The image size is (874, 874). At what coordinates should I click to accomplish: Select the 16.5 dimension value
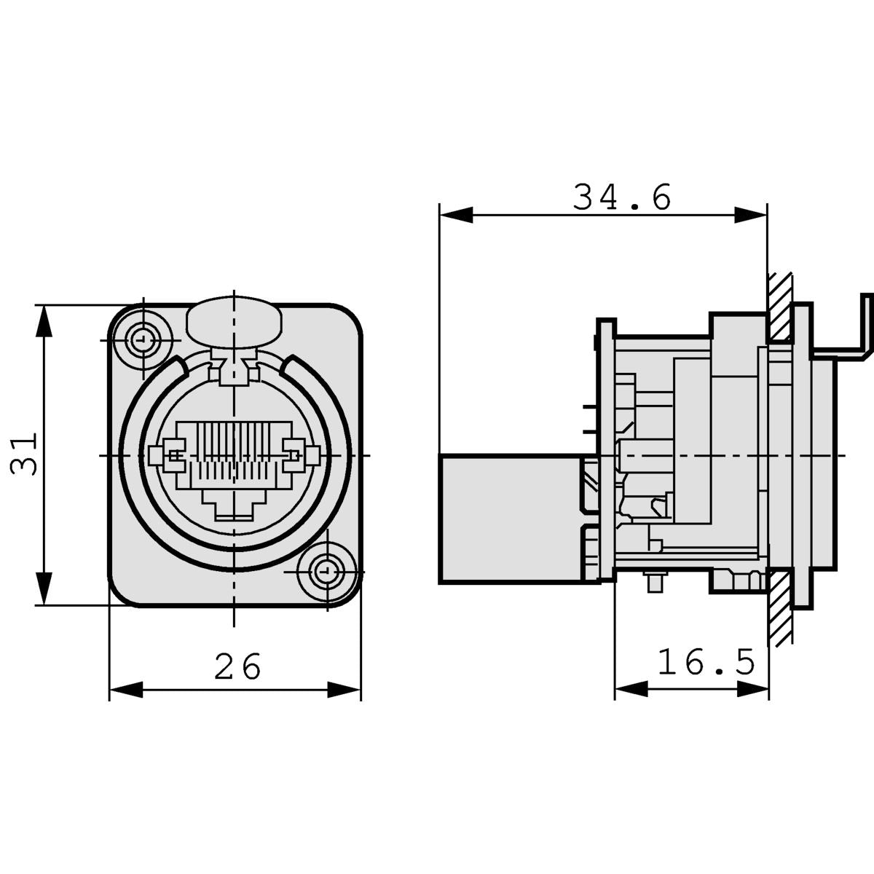[706, 662]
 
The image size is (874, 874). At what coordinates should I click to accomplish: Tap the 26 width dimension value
[237, 666]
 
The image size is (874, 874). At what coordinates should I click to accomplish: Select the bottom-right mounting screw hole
[326, 570]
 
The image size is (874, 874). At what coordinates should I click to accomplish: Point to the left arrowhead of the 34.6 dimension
[456, 215]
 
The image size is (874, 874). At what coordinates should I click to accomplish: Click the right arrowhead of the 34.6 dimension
[751, 215]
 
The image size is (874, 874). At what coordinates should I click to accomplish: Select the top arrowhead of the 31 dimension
[44, 321]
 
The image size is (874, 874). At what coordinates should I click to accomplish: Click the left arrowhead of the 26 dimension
[125, 690]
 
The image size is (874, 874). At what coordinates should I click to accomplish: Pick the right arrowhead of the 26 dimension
[345, 690]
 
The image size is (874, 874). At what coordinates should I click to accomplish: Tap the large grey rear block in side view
[510, 519]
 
